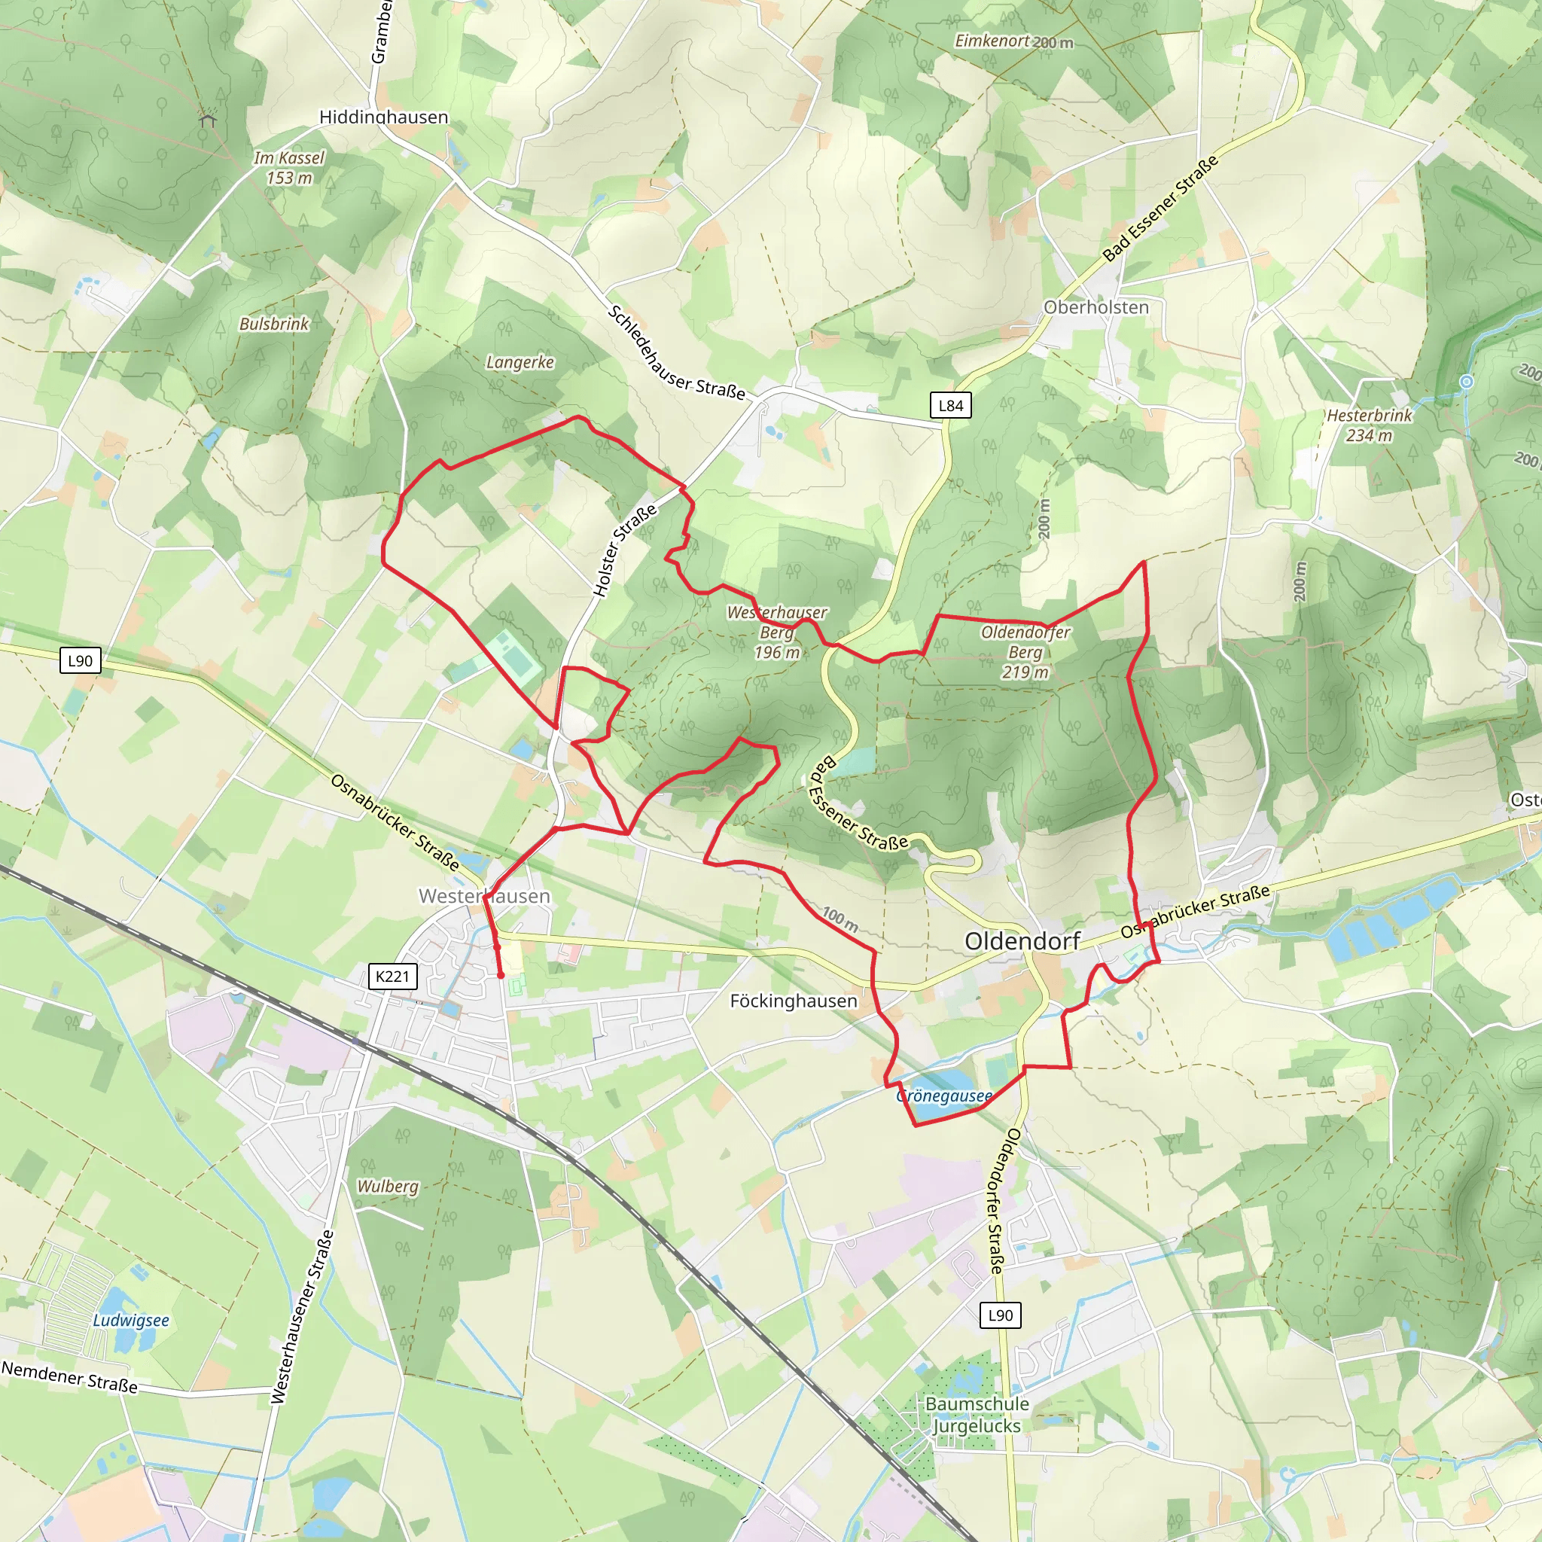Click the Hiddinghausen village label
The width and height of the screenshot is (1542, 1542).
pos(384,117)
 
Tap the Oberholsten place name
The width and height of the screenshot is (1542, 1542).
pos(1096,307)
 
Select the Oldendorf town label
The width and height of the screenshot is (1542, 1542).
pos(1022,941)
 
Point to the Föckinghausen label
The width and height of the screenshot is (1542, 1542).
pos(794,1001)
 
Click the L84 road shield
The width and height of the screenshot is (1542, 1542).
pos(951,406)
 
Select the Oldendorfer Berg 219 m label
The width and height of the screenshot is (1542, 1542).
pos(1025,652)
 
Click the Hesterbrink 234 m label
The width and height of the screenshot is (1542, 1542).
pos(1369,425)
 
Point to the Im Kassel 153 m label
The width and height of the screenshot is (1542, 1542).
pos(289,168)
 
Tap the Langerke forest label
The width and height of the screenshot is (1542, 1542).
pos(520,362)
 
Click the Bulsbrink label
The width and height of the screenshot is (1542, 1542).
pos(274,324)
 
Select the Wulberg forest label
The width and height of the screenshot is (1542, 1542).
pos(387,1186)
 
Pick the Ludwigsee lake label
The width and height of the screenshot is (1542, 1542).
pos(131,1320)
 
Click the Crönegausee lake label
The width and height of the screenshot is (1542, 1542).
pos(943,1096)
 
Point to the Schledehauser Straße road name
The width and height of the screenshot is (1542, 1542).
pos(676,353)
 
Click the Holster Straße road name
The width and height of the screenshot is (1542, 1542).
pos(624,550)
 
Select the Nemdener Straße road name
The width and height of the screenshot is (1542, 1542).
pos(69,1378)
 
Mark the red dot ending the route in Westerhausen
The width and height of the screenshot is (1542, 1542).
pos(501,975)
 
